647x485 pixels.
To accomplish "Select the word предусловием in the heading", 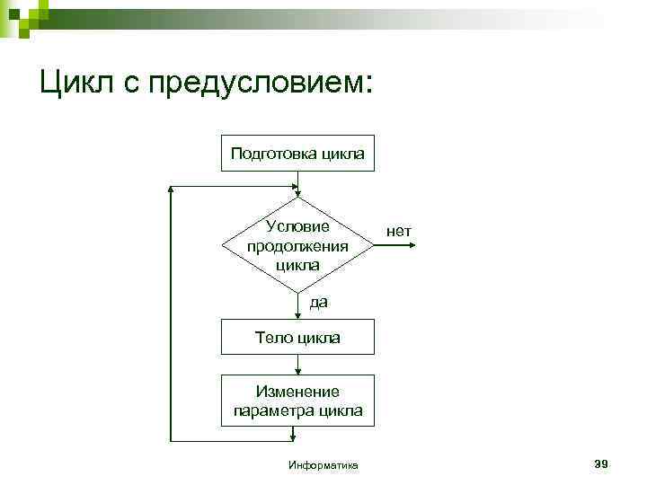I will click(x=260, y=84).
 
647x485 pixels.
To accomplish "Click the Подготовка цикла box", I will click(x=297, y=154).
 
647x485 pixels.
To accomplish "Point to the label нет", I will click(x=399, y=232).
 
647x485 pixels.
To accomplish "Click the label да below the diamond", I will click(x=319, y=303).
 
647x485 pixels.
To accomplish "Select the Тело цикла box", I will click(x=297, y=339).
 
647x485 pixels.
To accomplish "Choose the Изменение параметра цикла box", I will click(x=297, y=401).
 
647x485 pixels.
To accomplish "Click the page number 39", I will click(x=601, y=463).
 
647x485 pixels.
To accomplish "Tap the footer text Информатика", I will click(x=323, y=465).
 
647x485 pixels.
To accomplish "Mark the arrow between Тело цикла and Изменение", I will click(x=297, y=365).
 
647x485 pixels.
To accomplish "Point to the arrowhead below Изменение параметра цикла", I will click(x=294, y=436).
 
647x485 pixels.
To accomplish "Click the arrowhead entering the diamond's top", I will click(x=297, y=191).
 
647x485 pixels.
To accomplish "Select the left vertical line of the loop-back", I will click(x=170, y=314).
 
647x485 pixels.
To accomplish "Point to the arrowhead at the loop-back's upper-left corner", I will click(x=172, y=191).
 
